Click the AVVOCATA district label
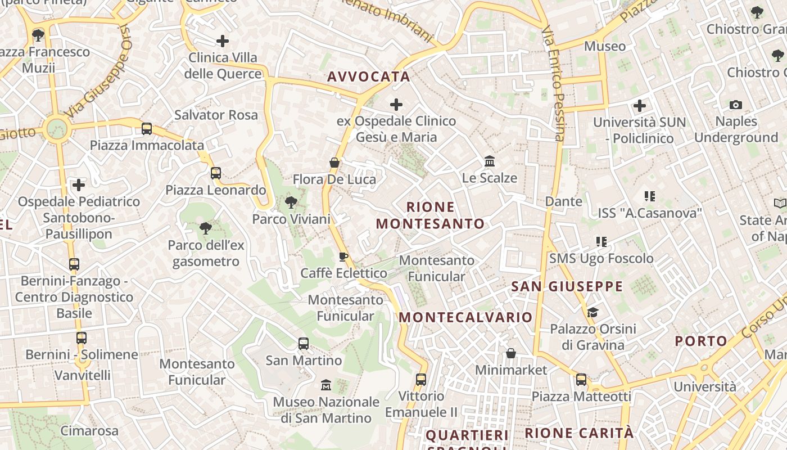tap(368, 77)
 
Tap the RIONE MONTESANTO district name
tap(430, 215)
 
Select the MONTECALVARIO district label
tap(465, 317)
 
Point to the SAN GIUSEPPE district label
tap(567, 286)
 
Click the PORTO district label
tap(701, 341)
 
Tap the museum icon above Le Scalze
tap(489, 161)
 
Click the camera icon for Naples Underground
tap(735, 105)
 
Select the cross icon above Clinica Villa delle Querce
tap(223, 40)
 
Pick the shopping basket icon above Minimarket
tap(510, 353)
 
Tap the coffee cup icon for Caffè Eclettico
tap(343, 257)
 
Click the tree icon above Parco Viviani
tap(291, 202)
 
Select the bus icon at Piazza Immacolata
tap(147, 129)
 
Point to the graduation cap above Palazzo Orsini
tap(592, 312)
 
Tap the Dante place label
tap(563, 201)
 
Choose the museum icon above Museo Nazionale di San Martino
tap(325, 385)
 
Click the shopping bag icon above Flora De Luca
tap(334, 163)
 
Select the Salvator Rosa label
tap(216, 115)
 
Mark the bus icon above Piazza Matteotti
tap(581, 380)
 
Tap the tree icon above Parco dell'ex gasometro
tap(206, 228)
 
